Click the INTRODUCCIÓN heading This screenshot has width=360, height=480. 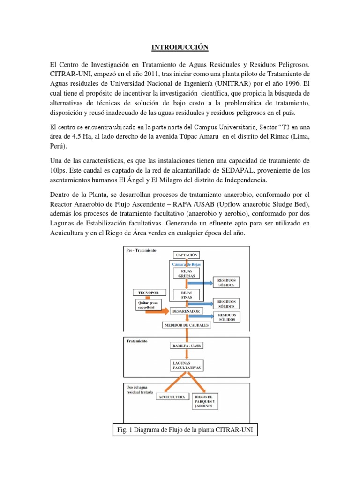(x=180, y=47)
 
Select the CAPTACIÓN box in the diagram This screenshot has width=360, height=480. (x=187, y=255)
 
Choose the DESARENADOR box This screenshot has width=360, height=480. (x=187, y=311)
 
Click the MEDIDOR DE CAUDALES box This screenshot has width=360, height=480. (x=187, y=324)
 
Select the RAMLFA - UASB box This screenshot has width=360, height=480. (x=187, y=345)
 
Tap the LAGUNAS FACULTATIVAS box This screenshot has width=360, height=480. (x=187, y=366)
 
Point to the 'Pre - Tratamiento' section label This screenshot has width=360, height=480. (x=141, y=250)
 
